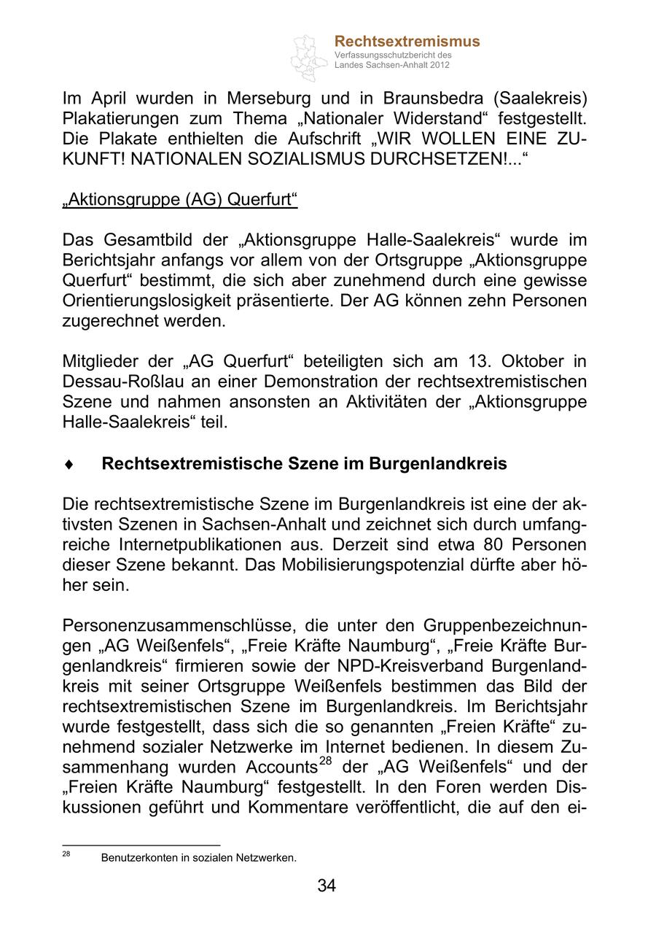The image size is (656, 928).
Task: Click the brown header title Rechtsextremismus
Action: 407,42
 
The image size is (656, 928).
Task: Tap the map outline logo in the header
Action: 309,56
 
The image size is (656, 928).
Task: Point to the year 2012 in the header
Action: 440,65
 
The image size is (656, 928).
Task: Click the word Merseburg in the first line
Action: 270,98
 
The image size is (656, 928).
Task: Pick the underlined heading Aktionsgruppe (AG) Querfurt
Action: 180,199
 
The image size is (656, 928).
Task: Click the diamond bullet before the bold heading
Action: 69,464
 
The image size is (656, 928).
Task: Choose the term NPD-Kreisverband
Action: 421,666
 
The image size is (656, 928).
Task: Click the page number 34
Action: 327,886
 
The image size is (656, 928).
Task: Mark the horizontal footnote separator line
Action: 141,846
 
